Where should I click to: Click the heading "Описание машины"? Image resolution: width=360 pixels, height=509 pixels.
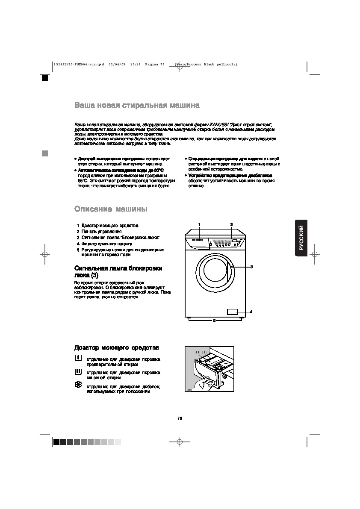click(x=111, y=209)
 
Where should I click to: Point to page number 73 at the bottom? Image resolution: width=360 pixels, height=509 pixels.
click(x=180, y=418)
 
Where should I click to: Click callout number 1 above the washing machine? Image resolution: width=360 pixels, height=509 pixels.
click(x=199, y=224)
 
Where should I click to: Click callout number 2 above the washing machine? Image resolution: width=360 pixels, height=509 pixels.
click(x=231, y=224)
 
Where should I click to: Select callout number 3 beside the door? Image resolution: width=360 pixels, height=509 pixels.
click(x=251, y=267)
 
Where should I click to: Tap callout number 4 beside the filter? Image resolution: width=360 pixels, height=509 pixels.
click(x=251, y=312)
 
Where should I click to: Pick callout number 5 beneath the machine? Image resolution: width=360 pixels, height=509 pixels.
click(x=214, y=320)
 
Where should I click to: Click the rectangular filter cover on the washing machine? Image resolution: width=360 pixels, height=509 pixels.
click(x=233, y=312)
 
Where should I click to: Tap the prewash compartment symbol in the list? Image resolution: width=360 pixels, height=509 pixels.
click(x=78, y=357)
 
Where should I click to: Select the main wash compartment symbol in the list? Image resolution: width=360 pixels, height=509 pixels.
click(x=78, y=372)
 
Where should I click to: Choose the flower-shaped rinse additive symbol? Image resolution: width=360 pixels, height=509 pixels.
click(x=78, y=385)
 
